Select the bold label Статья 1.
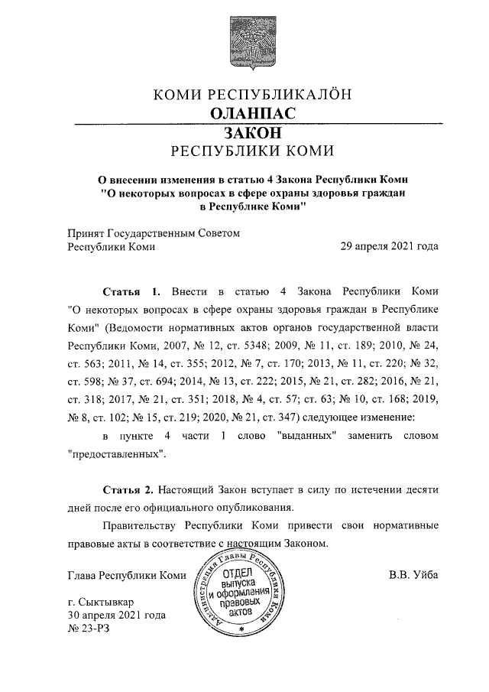(131, 292)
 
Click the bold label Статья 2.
(131, 487)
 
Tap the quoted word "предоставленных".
(118, 453)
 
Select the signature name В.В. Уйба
(413, 575)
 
